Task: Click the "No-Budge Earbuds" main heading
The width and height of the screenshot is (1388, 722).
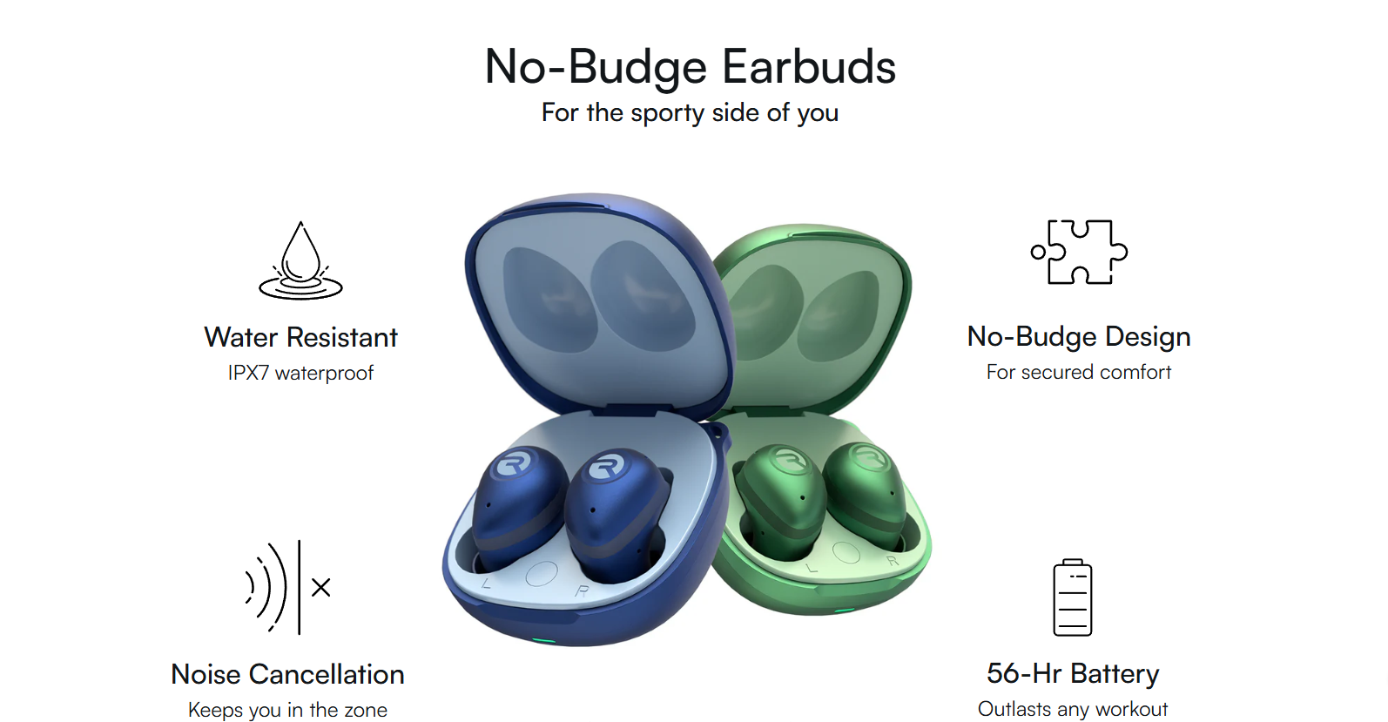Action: pos(690,67)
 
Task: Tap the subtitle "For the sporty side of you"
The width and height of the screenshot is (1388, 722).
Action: pos(690,113)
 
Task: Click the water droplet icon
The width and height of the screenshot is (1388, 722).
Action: pos(300,260)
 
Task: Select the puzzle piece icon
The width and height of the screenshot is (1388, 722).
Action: pos(1079,252)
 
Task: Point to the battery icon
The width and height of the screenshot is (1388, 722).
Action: pos(1073,597)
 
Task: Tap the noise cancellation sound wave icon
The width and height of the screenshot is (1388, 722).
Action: pos(288,587)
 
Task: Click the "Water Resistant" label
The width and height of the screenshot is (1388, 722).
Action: pos(300,338)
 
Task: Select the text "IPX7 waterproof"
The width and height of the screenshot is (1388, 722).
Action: pos(300,373)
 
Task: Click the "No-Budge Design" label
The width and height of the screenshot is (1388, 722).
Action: pos(1079,336)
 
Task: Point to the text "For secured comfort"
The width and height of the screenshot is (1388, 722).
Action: pos(1079,372)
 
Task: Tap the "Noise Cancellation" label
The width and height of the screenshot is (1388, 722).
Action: pos(287,674)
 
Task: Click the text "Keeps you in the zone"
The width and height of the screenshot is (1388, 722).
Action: pos(287,710)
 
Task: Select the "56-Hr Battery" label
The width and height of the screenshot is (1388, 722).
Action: pos(1073,673)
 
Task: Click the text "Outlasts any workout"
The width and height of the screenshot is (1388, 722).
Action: pos(1073,709)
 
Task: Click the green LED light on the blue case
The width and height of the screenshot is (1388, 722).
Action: pos(543,641)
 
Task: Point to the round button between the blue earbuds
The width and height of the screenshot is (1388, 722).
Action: pos(542,574)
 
